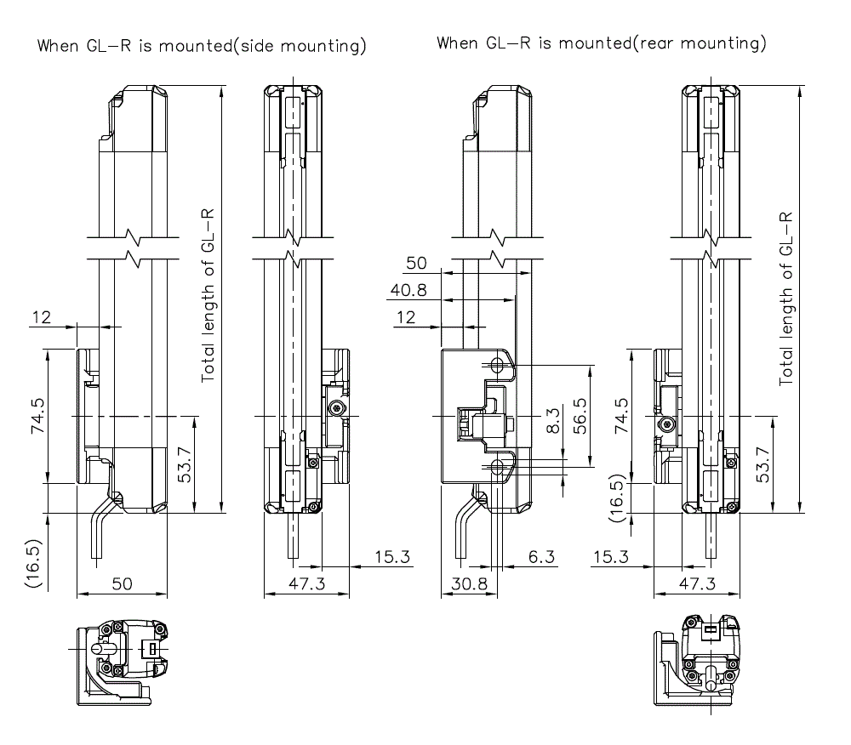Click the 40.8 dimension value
pyautogui.click(x=408, y=290)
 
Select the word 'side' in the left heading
pyautogui.click(x=260, y=46)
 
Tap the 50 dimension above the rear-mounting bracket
pyautogui.click(x=416, y=263)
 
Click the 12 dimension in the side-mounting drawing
pyautogui.click(x=41, y=318)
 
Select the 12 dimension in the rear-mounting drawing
pyautogui.click(x=407, y=318)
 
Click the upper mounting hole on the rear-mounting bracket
pyautogui.click(x=498, y=366)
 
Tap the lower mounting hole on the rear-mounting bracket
pyautogui.click(x=498, y=467)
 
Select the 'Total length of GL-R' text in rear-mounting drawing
pyautogui.click(x=787, y=297)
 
